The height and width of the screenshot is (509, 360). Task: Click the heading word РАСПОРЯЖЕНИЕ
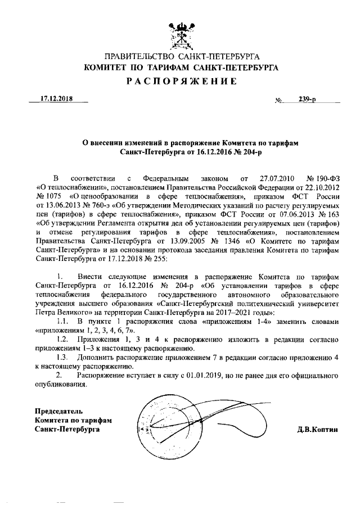point(181,81)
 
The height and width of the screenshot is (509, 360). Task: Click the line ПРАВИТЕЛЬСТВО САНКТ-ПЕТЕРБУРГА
point(181,57)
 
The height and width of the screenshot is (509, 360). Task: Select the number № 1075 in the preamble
point(48,196)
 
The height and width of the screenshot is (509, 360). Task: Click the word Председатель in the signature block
point(59,411)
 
